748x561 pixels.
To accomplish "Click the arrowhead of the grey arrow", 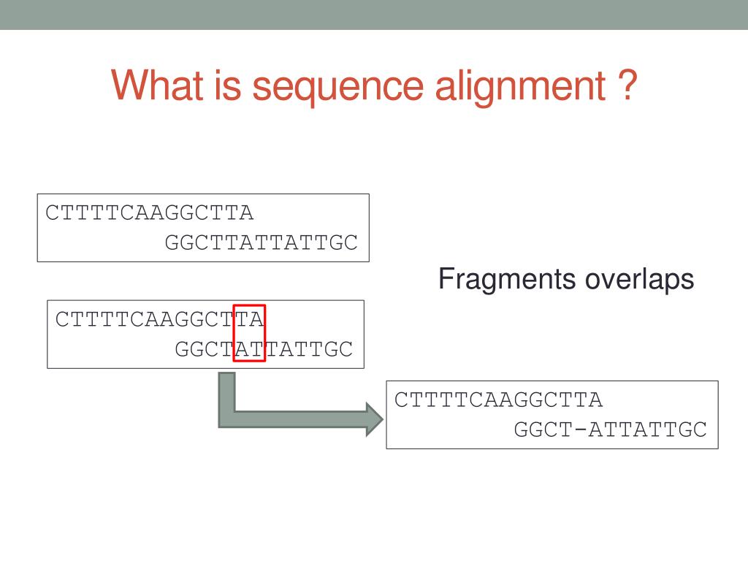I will click(x=373, y=420).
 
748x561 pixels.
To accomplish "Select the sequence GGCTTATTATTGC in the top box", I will click(x=262, y=243).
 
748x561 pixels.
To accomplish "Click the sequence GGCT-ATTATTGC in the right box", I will click(x=611, y=430).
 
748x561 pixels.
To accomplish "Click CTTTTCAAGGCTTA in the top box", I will click(x=149, y=213).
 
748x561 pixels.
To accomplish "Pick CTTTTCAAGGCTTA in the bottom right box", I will click(x=498, y=400).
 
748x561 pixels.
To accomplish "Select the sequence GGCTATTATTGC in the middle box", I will click(x=264, y=349).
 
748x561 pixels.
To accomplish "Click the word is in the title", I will click(x=222, y=85).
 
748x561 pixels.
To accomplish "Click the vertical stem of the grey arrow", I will click(x=227, y=394).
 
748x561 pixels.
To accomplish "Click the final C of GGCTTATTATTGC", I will click(x=351, y=243).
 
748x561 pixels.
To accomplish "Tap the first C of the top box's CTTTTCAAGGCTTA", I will click(x=52, y=213).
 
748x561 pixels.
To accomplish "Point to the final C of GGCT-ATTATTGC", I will click(x=701, y=430).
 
